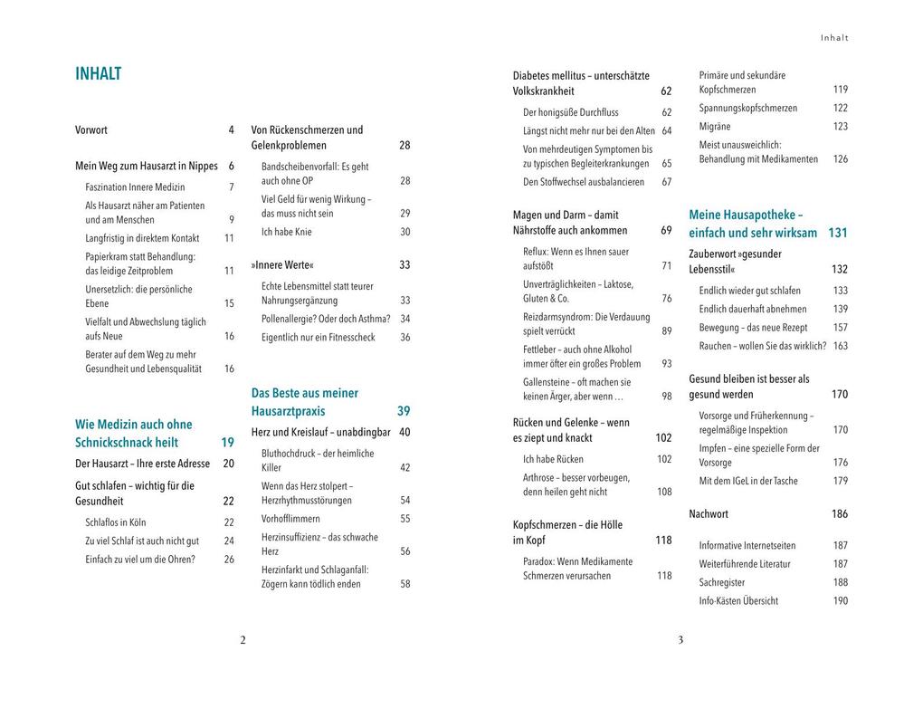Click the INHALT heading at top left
click(98, 74)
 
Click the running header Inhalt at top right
click(834, 38)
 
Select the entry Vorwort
click(91, 130)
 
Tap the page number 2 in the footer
click(243, 640)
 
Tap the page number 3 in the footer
click(680, 640)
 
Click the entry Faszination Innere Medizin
click(135, 187)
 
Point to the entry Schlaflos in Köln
click(115, 522)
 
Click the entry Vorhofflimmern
click(290, 519)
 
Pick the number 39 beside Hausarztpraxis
click(404, 411)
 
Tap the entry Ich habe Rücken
click(553, 459)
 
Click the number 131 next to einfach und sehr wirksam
click(838, 234)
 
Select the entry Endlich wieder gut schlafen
click(749, 291)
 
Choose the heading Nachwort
click(709, 514)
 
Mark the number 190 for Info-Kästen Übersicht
click(841, 601)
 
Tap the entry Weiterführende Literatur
click(745, 564)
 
